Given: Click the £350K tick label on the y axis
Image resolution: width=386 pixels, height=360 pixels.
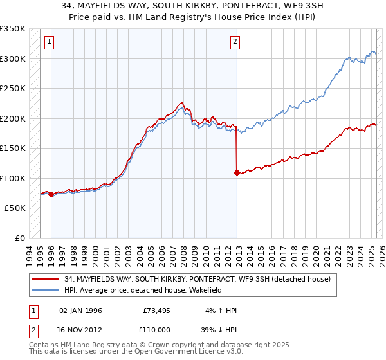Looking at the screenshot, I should pos(13,29).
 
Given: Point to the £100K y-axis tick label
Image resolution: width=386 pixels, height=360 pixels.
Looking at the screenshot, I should pos(13,178).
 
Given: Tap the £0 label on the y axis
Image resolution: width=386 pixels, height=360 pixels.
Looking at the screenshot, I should pos(19,238).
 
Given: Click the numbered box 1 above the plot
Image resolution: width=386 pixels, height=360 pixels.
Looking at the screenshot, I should pos(50,42).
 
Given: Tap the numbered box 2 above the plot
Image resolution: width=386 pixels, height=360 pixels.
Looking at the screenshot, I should pos(235,42).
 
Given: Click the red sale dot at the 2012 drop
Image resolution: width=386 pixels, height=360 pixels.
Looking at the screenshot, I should pos(237,172).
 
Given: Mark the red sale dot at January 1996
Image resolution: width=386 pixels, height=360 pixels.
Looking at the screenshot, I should pos(51,194).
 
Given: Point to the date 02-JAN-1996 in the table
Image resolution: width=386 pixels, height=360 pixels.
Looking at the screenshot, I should pos(80,310).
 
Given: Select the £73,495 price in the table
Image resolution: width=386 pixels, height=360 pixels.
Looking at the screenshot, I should pos(154,310).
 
